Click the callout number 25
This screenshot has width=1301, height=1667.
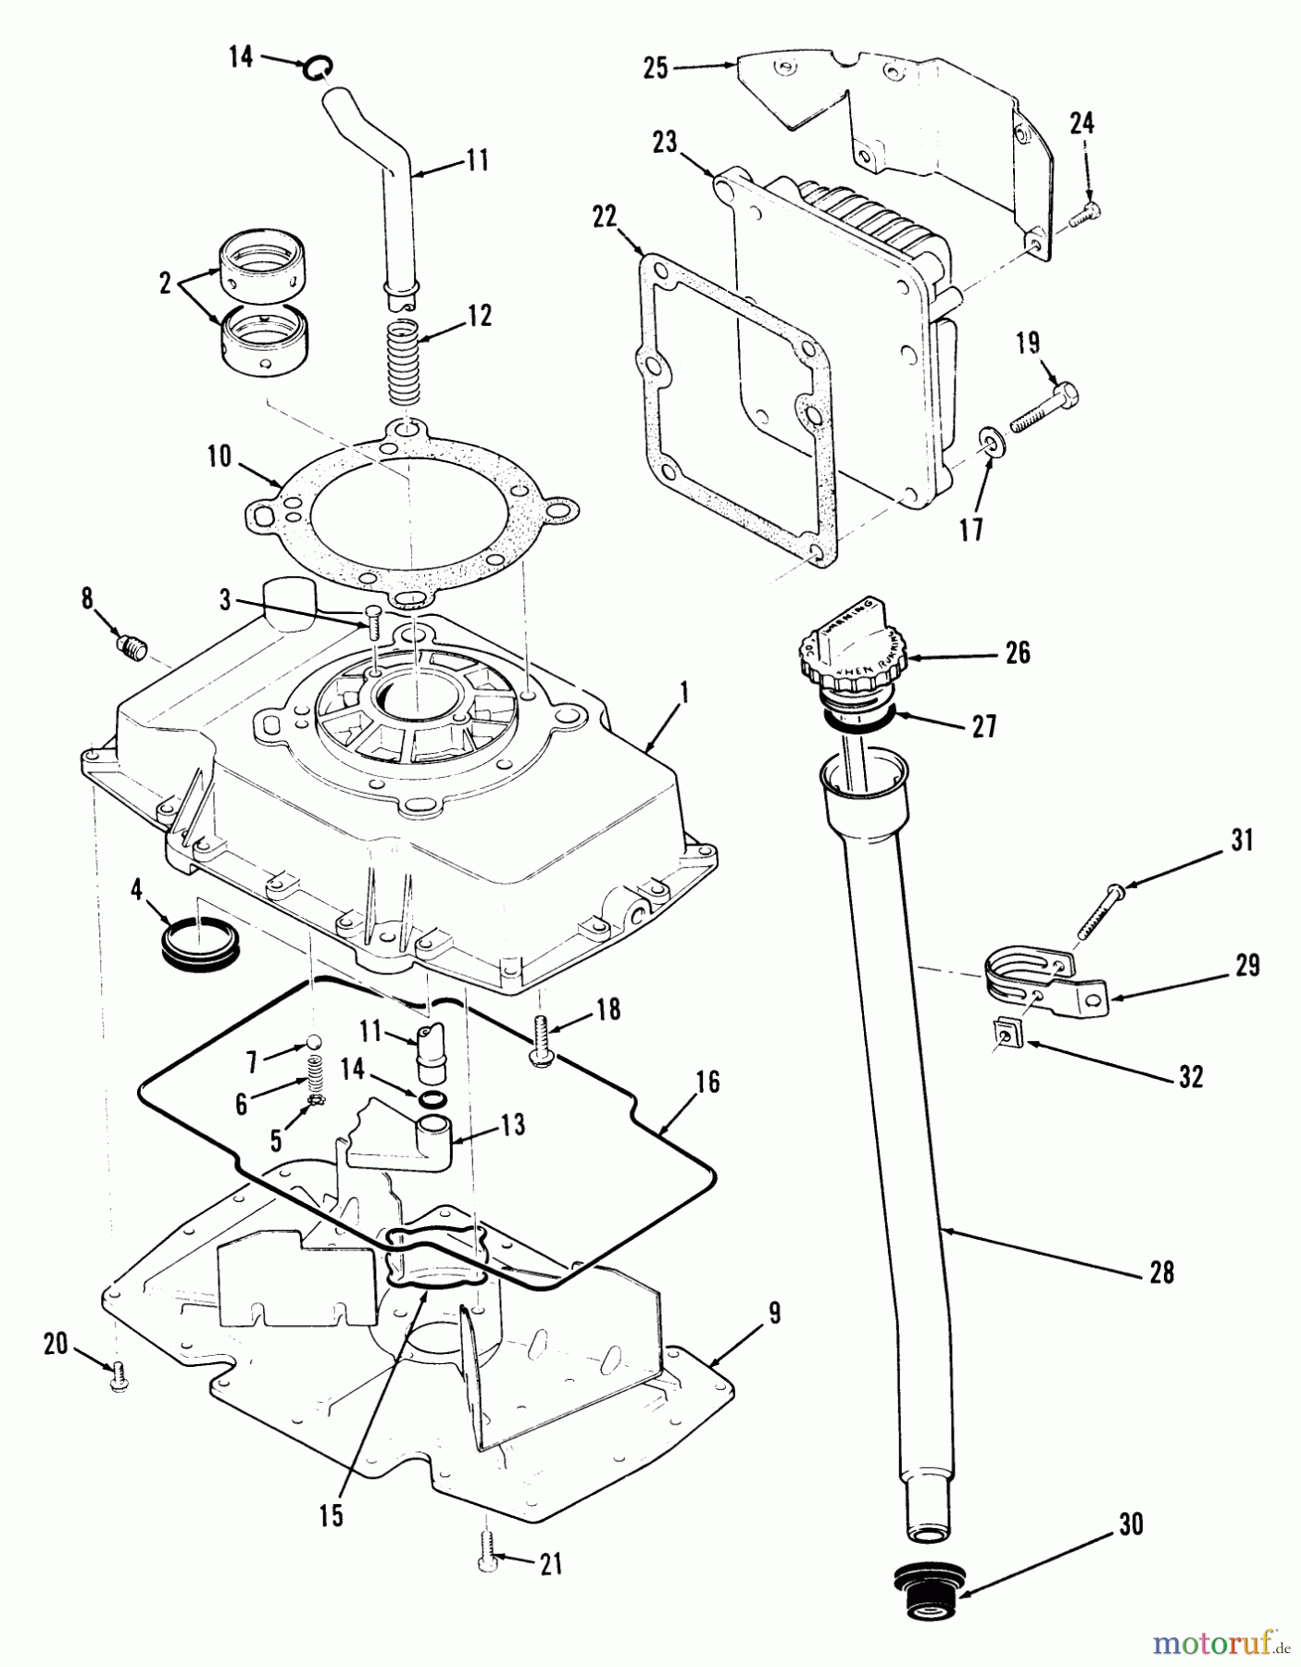coord(656,69)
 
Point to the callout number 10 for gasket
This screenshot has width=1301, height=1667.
coord(219,458)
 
